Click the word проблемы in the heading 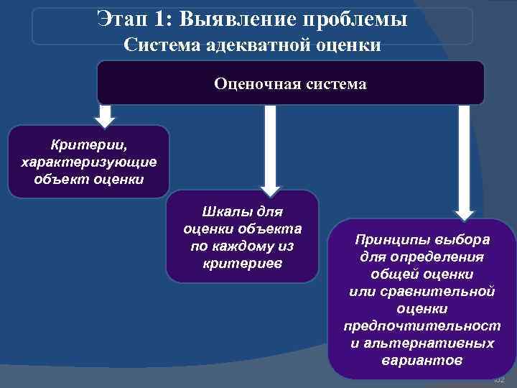pos(358,19)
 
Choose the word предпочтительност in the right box pos(421,325)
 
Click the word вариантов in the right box pos(421,360)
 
